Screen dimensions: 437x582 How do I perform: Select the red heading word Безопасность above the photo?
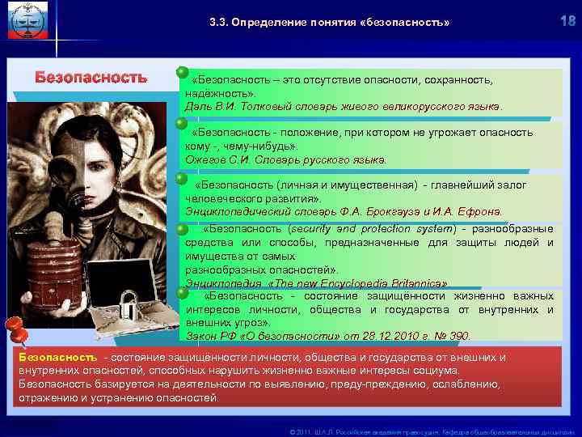pyautogui.click(x=91, y=78)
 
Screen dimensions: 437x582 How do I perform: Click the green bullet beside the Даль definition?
pyautogui.click(x=183, y=74)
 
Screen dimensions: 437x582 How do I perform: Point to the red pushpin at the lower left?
pyautogui.click(x=15, y=330)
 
